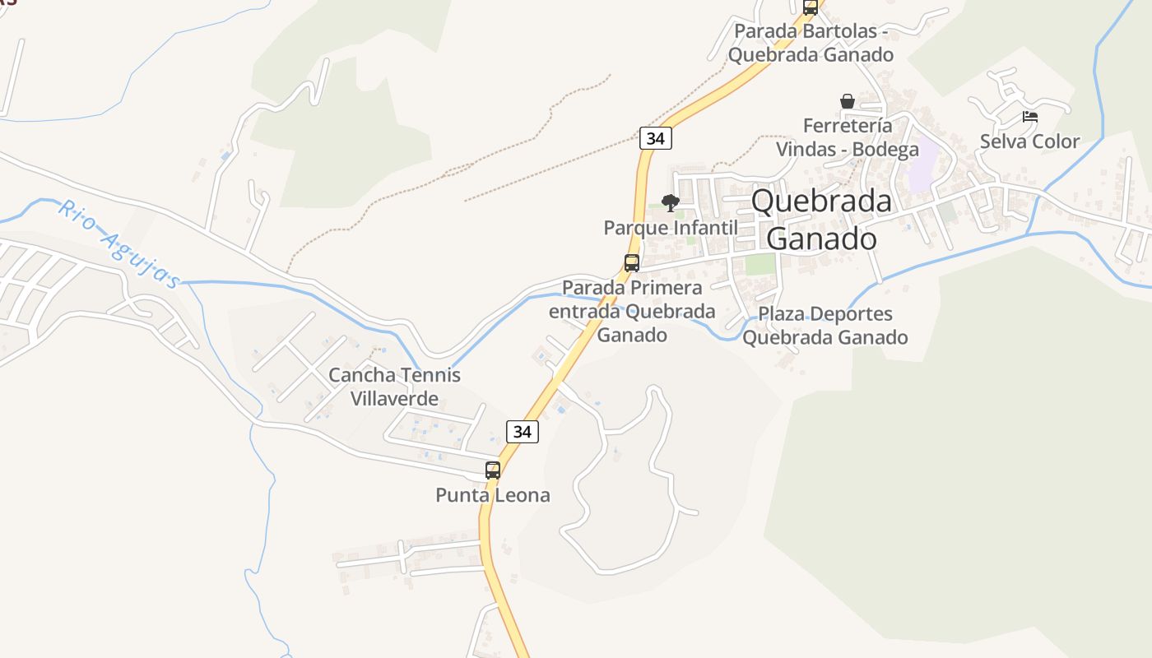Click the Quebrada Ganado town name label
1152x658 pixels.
point(821,220)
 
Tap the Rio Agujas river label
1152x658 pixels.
point(118,244)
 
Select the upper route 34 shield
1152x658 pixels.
point(655,138)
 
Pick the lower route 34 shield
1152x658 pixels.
point(522,431)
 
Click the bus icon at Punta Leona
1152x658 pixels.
point(493,470)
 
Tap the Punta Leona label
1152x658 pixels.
point(492,495)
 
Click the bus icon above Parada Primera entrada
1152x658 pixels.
point(632,263)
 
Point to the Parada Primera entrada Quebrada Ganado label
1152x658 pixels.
point(631,312)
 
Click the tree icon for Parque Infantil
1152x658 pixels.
point(671,202)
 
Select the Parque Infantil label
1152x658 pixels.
point(671,227)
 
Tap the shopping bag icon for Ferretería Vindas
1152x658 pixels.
point(848,101)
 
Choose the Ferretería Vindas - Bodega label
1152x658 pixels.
point(848,137)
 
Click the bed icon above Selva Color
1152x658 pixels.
point(1029,117)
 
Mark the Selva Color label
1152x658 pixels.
point(1029,141)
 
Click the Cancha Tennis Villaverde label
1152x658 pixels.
point(394,387)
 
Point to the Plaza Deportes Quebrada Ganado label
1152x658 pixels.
point(825,326)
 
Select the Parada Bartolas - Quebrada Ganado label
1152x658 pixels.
point(811,43)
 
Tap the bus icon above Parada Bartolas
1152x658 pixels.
point(811,7)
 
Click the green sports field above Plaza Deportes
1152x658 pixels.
point(760,264)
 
